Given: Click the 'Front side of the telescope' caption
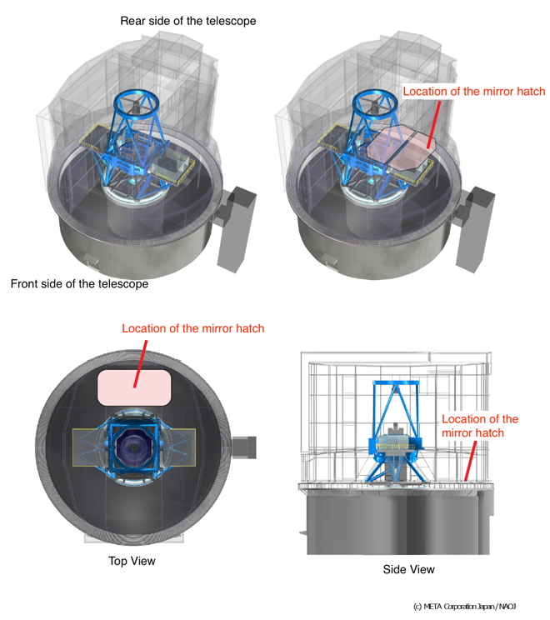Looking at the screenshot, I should tap(79, 284).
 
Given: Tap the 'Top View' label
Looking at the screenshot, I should tap(132, 561).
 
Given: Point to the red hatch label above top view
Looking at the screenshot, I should tap(192, 328).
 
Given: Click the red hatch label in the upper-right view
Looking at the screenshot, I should tap(474, 92).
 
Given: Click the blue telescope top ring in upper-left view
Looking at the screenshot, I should tap(134, 105).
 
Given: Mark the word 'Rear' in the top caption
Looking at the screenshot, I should tap(134, 21).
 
